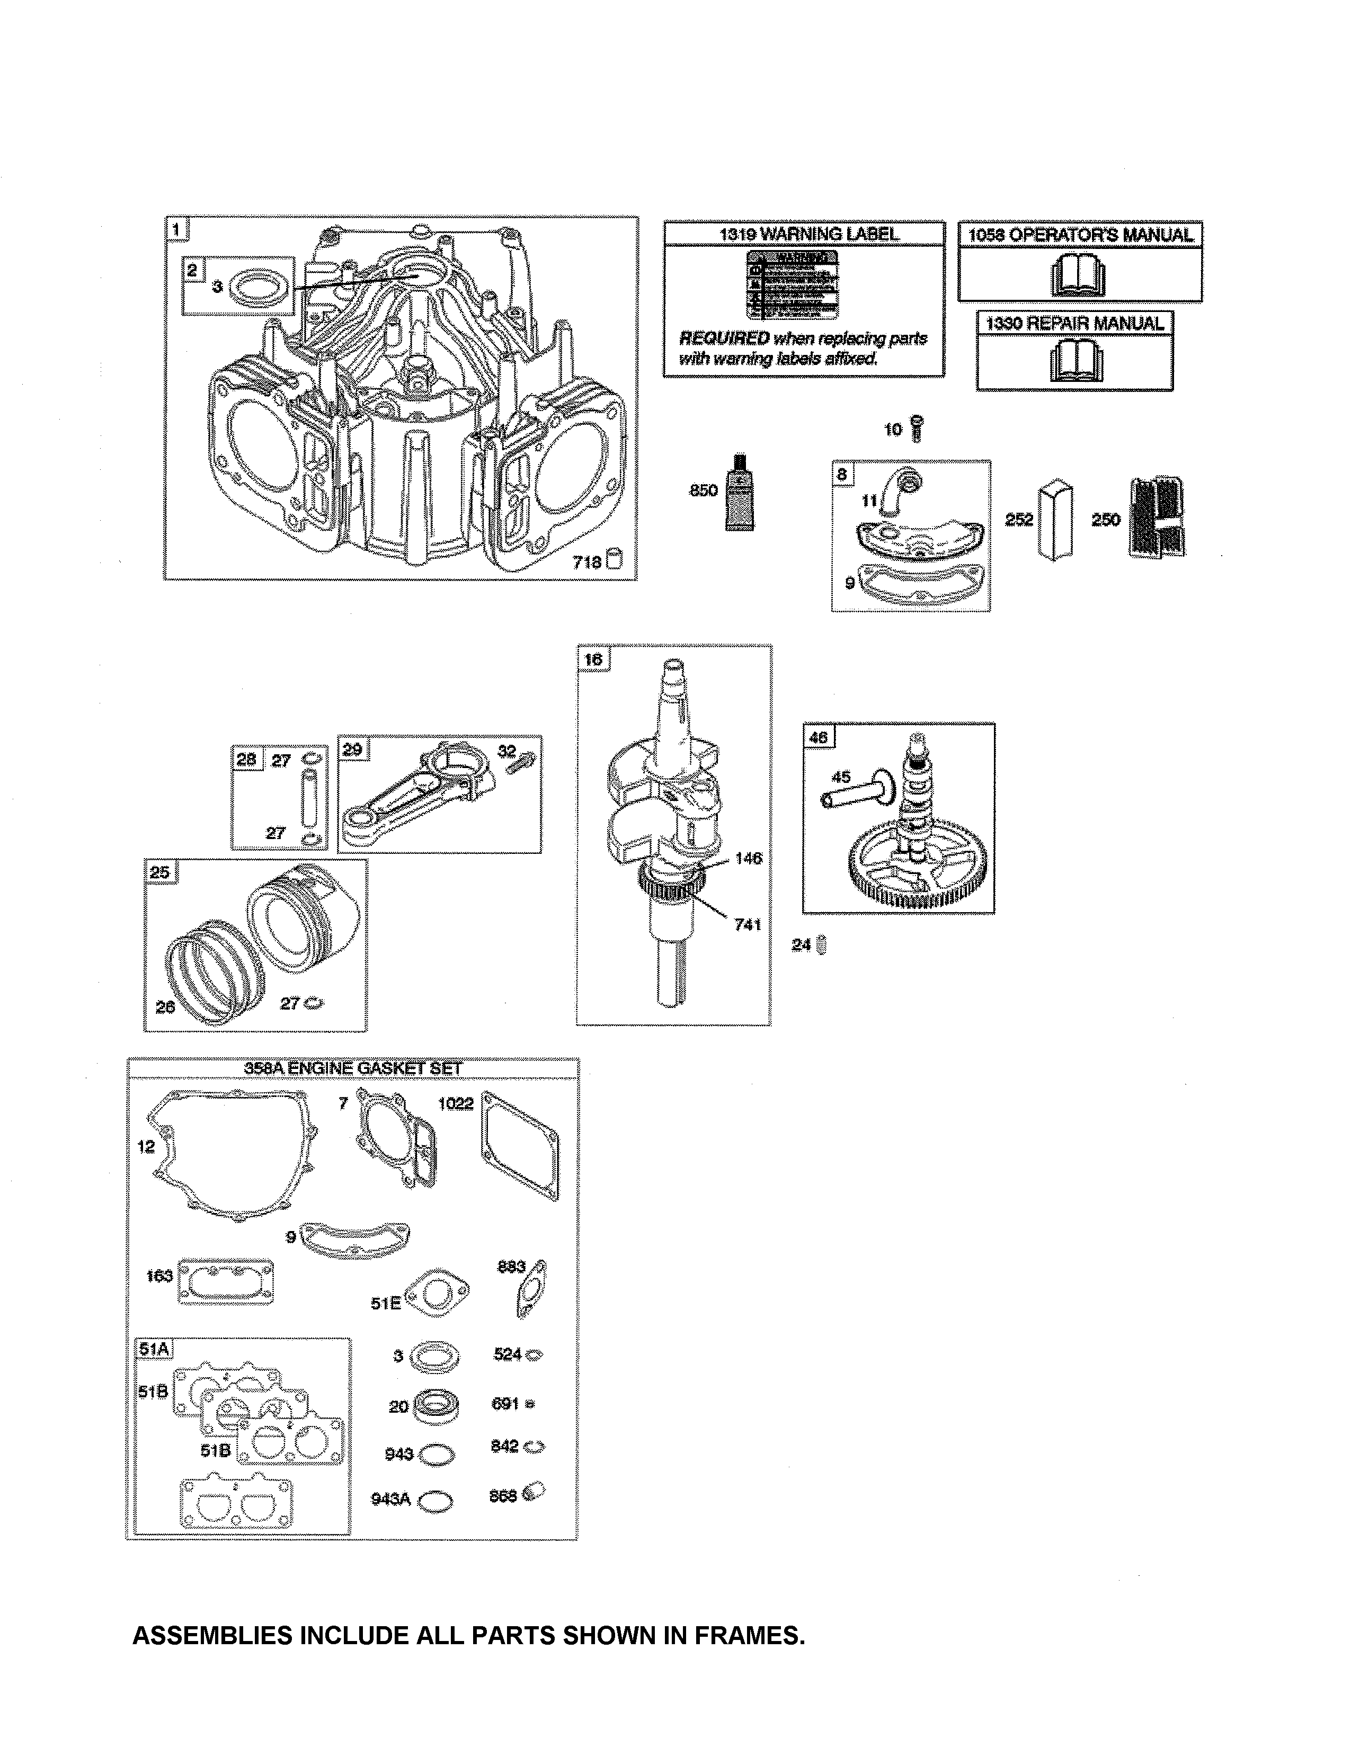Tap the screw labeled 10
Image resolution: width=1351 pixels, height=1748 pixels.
917,429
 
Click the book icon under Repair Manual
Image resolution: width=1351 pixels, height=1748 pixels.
1072,362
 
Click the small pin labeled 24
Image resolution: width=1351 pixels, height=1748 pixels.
823,944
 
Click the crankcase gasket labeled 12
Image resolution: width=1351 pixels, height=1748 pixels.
232,1153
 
